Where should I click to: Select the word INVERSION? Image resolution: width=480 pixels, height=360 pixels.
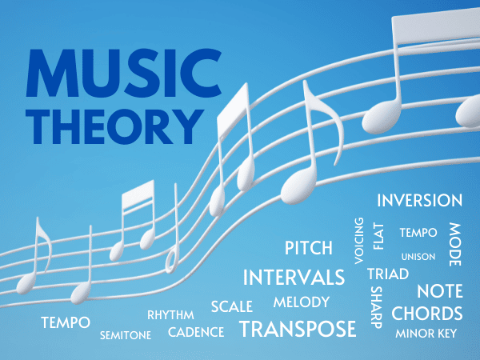pyautogui.click(x=419, y=200)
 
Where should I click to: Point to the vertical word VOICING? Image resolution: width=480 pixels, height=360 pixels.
pyautogui.click(x=358, y=241)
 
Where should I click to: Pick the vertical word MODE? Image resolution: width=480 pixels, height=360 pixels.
pyautogui.click(x=454, y=239)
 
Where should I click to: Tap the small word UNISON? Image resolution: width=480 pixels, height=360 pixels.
pyautogui.click(x=418, y=257)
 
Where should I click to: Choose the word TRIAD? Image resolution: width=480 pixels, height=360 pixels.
pyautogui.click(x=388, y=274)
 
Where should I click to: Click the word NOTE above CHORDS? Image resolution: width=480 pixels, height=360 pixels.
pyautogui.click(x=440, y=291)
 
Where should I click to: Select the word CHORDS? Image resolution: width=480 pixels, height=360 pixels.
pyautogui.click(x=427, y=313)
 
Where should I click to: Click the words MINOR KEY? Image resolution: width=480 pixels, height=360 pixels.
pyautogui.click(x=426, y=334)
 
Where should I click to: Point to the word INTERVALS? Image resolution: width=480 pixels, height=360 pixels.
pyautogui.click(x=294, y=278)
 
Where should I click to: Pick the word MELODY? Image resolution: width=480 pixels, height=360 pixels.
pyautogui.click(x=301, y=302)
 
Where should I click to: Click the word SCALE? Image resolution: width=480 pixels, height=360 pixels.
pyautogui.click(x=232, y=306)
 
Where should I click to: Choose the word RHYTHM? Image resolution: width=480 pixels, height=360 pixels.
pyautogui.click(x=170, y=314)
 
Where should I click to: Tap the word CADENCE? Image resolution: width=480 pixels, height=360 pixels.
pyautogui.click(x=196, y=332)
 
